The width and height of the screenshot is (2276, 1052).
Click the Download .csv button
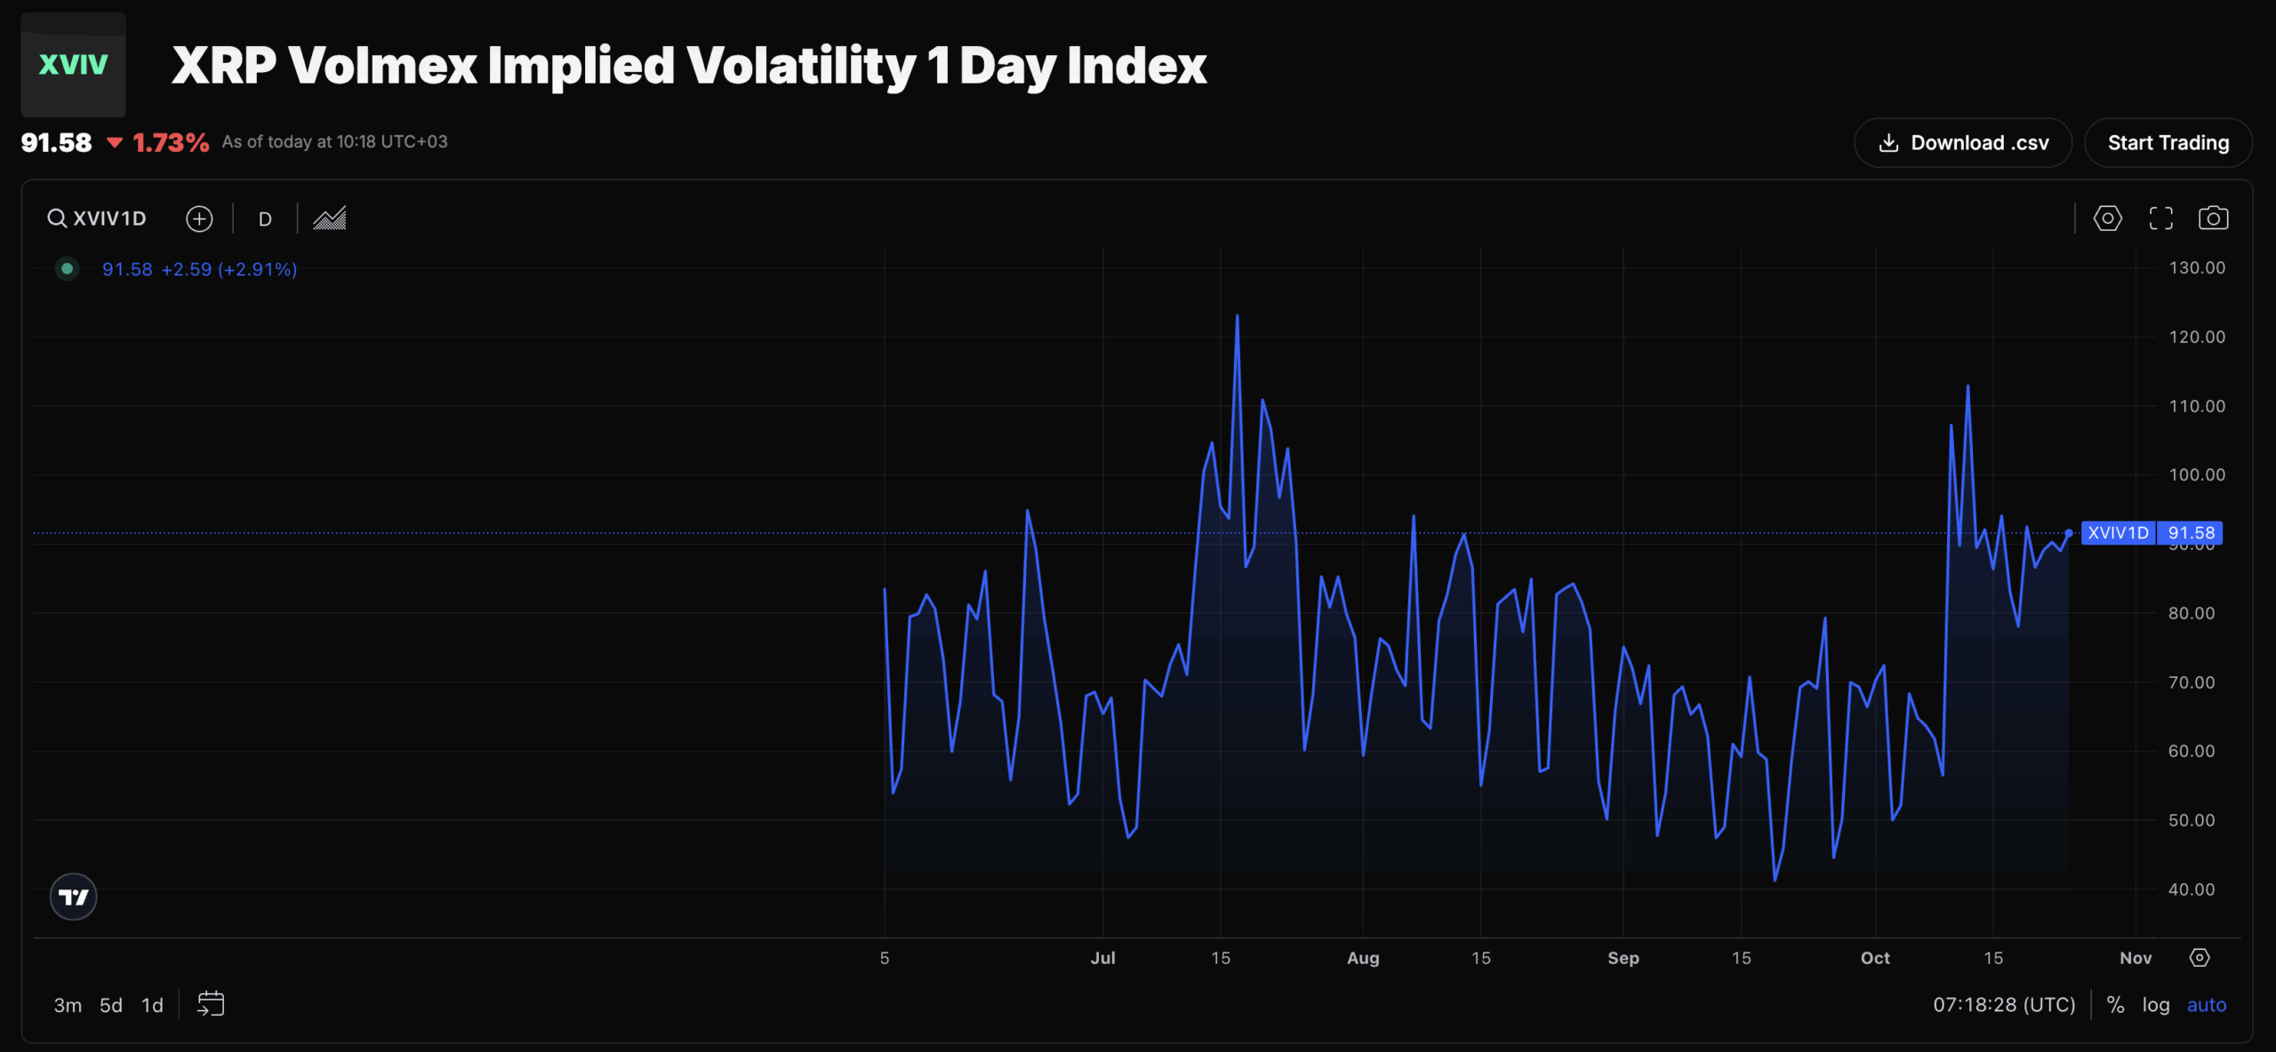tap(1962, 143)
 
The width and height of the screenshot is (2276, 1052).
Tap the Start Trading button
tap(2168, 143)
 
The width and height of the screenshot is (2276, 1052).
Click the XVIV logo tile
tap(73, 64)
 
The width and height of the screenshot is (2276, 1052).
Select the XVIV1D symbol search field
tap(98, 219)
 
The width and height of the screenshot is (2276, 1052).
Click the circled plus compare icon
tap(199, 219)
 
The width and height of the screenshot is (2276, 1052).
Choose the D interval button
tap(265, 219)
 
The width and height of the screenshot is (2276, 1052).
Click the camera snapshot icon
tap(2213, 219)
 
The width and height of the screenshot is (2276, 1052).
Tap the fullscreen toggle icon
tap(2160, 219)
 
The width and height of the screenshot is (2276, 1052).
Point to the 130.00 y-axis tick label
tap(2196, 268)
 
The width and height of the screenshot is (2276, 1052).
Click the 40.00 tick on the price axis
tap(2191, 889)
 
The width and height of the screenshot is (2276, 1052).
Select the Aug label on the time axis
tap(1363, 958)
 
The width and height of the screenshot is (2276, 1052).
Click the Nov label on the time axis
tap(2136, 958)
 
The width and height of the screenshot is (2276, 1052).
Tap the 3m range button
tap(68, 1005)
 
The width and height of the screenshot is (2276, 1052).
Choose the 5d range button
tap(111, 1005)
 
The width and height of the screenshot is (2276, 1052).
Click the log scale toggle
tap(2155, 1005)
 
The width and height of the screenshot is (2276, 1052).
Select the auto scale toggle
tap(2206, 1005)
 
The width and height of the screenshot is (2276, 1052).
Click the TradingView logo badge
tap(73, 897)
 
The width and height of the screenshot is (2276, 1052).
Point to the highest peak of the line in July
tap(1237, 316)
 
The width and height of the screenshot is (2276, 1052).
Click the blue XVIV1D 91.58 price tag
tap(2151, 533)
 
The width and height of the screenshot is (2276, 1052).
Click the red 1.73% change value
tap(170, 143)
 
